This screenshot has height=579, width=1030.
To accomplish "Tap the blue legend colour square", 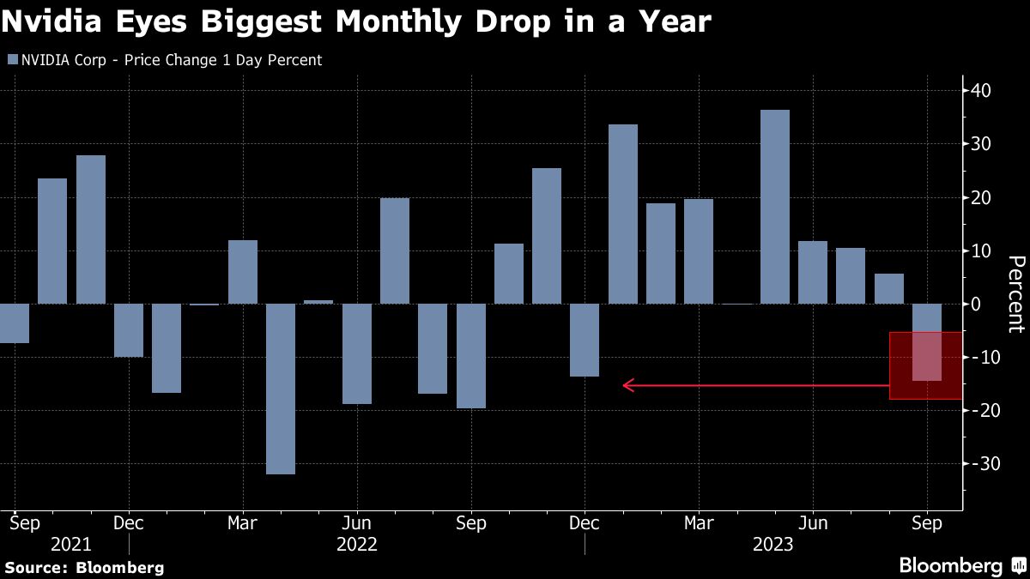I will pyautogui.click(x=11, y=61).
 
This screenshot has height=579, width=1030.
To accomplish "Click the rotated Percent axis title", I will pyautogui.click(x=1015, y=293).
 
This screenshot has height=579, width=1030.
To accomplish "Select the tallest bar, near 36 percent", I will pyautogui.click(x=775, y=207).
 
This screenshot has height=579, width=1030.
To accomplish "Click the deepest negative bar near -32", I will pyautogui.click(x=281, y=389).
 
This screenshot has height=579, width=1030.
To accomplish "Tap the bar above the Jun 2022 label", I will pyautogui.click(x=357, y=353).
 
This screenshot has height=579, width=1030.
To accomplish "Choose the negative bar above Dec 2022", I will pyautogui.click(x=585, y=340).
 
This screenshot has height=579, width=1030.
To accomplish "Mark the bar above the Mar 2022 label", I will pyautogui.click(x=243, y=272).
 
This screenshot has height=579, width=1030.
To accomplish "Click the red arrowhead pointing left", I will pyautogui.click(x=627, y=386).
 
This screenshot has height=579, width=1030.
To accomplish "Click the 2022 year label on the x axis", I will pyautogui.click(x=357, y=545).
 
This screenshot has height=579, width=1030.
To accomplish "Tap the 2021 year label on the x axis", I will pyautogui.click(x=71, y=545).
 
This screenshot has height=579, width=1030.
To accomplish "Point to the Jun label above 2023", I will pyautogui.click(x=813, y=522).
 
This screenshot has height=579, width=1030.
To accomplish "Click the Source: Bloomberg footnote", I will pyautogui.click(x=84, y=567).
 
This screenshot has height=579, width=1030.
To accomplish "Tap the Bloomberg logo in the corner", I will pyautogui.click(x=961, y=566).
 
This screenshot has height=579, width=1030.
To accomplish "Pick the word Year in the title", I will pyautogui.click(x=673, y=21).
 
